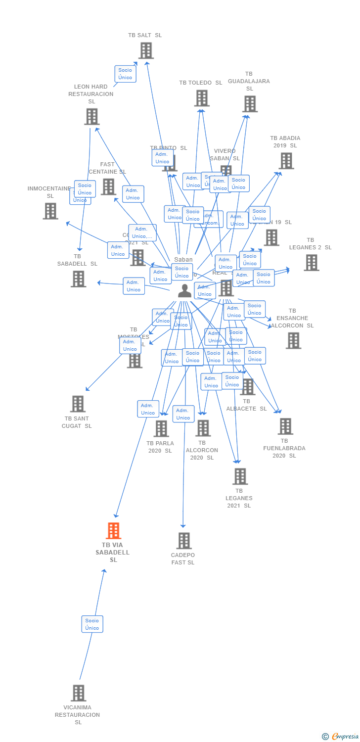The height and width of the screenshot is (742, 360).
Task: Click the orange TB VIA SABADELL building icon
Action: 114,531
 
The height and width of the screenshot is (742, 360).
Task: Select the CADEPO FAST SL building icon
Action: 184,541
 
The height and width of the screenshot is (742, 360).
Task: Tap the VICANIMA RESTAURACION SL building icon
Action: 78,693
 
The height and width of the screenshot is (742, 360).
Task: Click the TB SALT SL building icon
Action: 145,50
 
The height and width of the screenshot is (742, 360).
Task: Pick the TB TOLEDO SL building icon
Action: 201,98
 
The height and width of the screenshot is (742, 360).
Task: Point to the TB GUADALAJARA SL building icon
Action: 250,104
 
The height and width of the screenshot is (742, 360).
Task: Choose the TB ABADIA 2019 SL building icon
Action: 286,161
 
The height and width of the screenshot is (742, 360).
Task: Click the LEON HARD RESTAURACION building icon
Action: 91,117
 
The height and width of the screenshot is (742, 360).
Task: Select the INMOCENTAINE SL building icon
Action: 50,211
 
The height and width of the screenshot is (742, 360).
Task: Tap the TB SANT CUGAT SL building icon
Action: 78,404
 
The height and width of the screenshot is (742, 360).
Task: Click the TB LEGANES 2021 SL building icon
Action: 240,476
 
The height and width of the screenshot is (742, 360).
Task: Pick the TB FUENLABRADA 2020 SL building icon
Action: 285,426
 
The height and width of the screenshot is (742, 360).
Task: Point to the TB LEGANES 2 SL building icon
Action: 311,263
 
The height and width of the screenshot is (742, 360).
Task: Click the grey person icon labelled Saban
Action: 184,291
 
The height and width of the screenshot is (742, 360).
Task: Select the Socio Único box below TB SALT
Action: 125,74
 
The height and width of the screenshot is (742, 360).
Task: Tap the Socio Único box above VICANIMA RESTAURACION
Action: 92,624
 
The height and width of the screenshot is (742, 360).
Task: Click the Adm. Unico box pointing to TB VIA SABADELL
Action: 148,409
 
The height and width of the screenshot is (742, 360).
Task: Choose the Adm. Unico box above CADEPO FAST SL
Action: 183,414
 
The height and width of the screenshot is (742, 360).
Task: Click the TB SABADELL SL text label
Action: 78,260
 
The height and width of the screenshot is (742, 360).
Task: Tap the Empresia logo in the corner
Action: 341,737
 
